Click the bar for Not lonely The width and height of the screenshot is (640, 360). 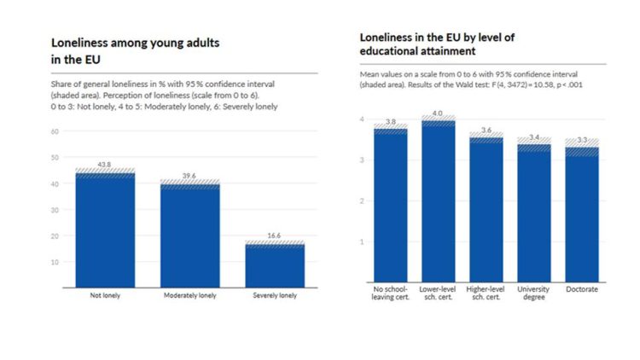[x=105, y=230]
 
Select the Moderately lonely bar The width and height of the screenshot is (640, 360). [x=190, y=236]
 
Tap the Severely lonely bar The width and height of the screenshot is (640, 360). [x=275, y=265]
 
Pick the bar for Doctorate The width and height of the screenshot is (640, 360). [x=582, y=215]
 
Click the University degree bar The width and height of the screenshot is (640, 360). [x=534, y=213]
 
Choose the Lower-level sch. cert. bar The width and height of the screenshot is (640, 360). [x=439, y=201]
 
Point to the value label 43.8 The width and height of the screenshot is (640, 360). [x=104, y=165]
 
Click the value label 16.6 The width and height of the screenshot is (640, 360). [x=274, y=235]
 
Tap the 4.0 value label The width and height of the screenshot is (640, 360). [x=437, y=113]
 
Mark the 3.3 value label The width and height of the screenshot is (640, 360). [x=582, y=140]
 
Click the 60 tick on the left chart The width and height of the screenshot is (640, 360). [x=55, y=131]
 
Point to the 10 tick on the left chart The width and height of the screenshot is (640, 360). [x=55, y=262]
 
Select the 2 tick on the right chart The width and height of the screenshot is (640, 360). [x=362, y=200]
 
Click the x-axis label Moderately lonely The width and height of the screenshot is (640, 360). [x=189, y=295]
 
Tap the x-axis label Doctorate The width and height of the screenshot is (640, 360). [x=582, y=289]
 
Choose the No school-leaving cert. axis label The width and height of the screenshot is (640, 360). [x=390, y=293]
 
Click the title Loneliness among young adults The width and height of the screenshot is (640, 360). [x=135, y=43]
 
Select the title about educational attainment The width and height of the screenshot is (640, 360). [x=437, y=44]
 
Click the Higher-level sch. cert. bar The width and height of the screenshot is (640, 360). [x=486, y=210]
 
